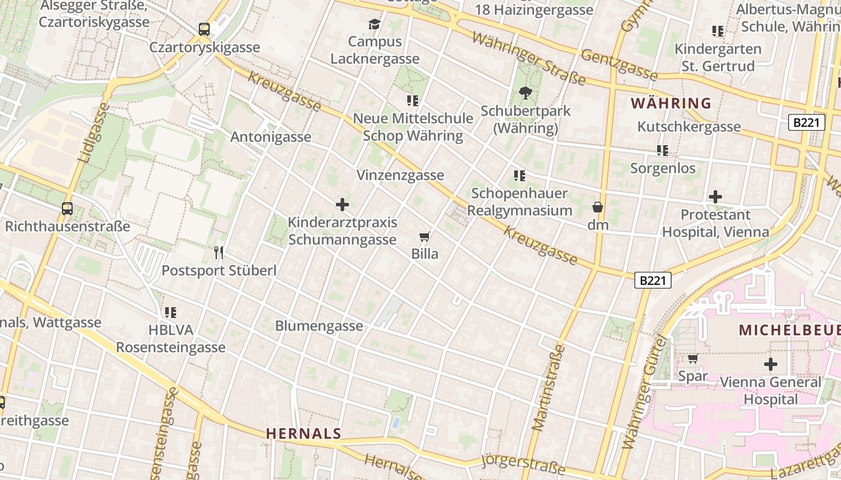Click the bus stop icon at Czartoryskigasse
coord(204,29)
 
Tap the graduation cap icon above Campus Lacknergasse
coord(375,24)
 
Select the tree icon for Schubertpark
coord(526,93)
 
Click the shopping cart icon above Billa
coord(425,236)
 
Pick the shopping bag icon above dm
coord(598,208)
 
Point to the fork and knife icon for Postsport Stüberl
coord(219,253)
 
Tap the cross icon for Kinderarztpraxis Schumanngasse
coord(342,205)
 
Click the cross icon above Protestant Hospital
coord(715,197)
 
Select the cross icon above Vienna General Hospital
coord(771,364)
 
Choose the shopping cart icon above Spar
coord(693,359)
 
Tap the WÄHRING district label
coord(671,103)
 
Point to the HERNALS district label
coord(303,433)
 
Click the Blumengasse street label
coord(319,326)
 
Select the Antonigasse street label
coord(271,137)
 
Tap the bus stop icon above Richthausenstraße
coord(67,209)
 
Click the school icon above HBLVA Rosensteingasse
coord(171,312)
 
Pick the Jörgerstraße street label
coord(523,464)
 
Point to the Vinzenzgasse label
coord(400,175)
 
